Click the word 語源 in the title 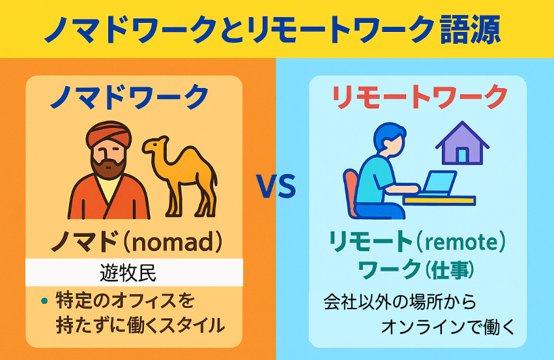click(471, 29)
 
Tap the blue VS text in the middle click(276, 186)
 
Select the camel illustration click(180, 175)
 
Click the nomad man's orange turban click(108, 134)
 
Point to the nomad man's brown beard click(108, 167)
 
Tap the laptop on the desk click(437, 183)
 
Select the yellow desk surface click(439, 200)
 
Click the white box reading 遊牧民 click(134, 273)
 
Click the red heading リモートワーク click(419, 97)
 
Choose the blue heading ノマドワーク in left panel click(130, 97)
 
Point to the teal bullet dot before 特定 click(44, 301)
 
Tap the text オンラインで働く click(448, 326)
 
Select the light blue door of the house click(462, 155)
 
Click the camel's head click(154, 145)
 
